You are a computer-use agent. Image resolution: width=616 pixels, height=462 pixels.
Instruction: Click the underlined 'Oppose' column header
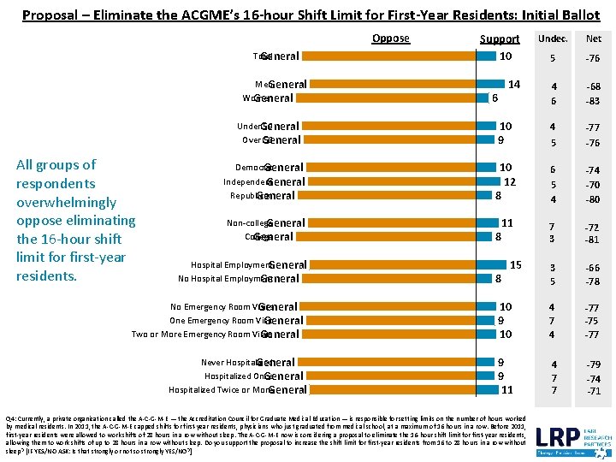(x=390, y=38)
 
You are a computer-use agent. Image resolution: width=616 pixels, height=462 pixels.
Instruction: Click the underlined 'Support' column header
(x=499, y=38)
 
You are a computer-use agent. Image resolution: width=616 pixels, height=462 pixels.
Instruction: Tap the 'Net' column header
(x=593, y=38)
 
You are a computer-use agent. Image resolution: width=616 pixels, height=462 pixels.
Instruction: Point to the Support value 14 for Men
(x=513, y=85)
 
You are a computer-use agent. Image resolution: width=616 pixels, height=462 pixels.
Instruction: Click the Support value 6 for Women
(x=495, y=98)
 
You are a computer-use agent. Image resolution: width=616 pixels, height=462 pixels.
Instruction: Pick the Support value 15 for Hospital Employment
(x=516, y=265)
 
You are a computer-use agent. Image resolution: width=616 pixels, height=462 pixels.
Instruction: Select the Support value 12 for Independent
(x=510, y=181)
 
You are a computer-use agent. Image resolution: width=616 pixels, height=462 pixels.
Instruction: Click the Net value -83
(x=593, y=101)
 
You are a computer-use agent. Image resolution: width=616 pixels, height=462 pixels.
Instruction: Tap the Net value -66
(x=593, y=269)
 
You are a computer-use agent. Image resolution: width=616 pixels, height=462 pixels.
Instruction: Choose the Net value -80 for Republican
(x=593, y=199)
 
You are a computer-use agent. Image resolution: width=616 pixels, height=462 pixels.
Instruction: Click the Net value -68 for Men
(x=593, y=86)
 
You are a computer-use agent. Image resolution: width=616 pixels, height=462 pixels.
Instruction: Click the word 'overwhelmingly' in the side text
(x=66, y=202)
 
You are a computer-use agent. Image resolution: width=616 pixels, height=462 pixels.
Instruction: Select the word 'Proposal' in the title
(x=50, y=15)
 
